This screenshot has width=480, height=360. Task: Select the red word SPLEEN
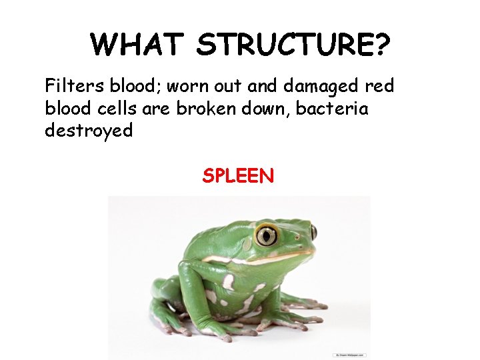click(238, 176)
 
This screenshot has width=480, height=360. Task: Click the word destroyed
click(89, 130)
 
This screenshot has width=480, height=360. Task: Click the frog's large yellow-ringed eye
click(267, 235)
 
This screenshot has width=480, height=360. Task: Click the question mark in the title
click(381, 45)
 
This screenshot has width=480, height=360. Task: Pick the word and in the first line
click(264, 86)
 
